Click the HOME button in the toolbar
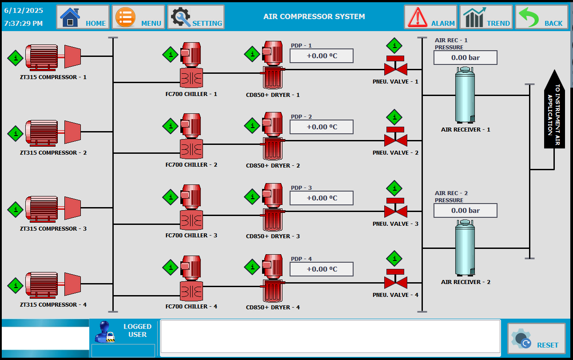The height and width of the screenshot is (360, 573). pyautogui.click(x=83, y=17)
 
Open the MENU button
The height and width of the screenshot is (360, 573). pyautogui.click(x=139, y=17)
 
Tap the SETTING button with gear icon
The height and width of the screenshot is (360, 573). pyautogui.click(x=196, y=17)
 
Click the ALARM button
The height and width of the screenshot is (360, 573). pyautogui.click(x=430, y=17)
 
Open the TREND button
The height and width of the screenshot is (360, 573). pyautogui.click(x=486, y=17)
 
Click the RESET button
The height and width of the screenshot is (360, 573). pyautogui.click(x=537, y=338)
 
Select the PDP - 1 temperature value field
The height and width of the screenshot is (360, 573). pyautogui.click(x=322, y=56)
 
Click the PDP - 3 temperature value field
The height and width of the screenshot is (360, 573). pyautogui.click(x=322, y=198)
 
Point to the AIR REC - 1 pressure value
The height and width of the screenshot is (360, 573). pyautogui.click(x=466, y=58)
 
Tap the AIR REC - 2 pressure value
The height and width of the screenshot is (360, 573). pyautogui.click(x=466, y=211)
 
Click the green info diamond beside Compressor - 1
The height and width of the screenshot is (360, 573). pyautogui.click(x=16, y=58)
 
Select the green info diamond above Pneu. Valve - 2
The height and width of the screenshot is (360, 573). pyautogui.click(x=394, y=117)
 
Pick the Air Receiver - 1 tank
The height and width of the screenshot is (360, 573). pyautogui.click(x=465, y=95)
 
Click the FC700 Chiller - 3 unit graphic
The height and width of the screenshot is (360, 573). pyautogui.click(x=191, y=207)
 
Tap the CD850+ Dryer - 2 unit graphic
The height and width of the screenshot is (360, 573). pyautogui.click(x=273, y=136)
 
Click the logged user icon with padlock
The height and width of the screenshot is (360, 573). pyautogui.click(x=105, y=332)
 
